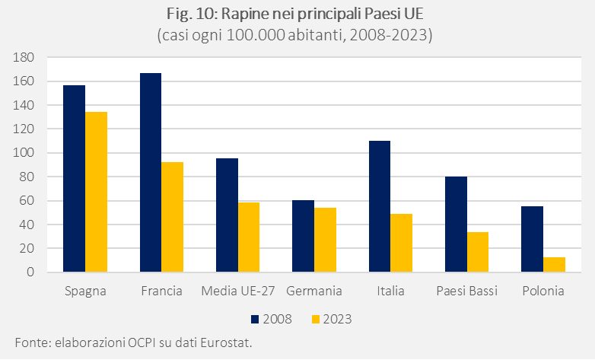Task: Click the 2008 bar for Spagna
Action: click(74, 179)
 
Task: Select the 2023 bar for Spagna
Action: click(96, 192)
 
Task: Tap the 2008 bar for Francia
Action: click(151, 173)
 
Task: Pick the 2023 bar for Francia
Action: click(173, 217)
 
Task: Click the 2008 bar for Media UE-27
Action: click(227, 215)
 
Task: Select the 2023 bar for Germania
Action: click(325, 240)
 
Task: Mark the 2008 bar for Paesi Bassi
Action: click(456, 225)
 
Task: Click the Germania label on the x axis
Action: click(314, 292)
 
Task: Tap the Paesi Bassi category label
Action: click(466, 292)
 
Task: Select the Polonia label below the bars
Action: click(543, 292)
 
